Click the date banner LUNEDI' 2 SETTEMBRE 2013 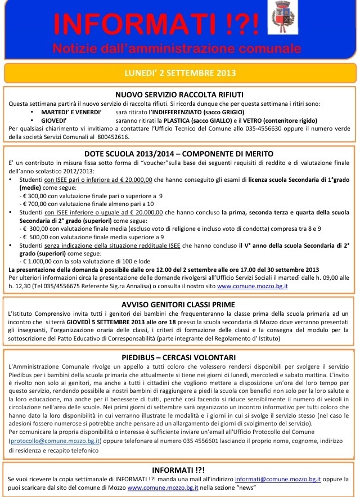point(179,73)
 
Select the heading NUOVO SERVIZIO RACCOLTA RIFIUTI point(179,95)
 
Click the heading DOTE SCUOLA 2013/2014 point(179,154)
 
